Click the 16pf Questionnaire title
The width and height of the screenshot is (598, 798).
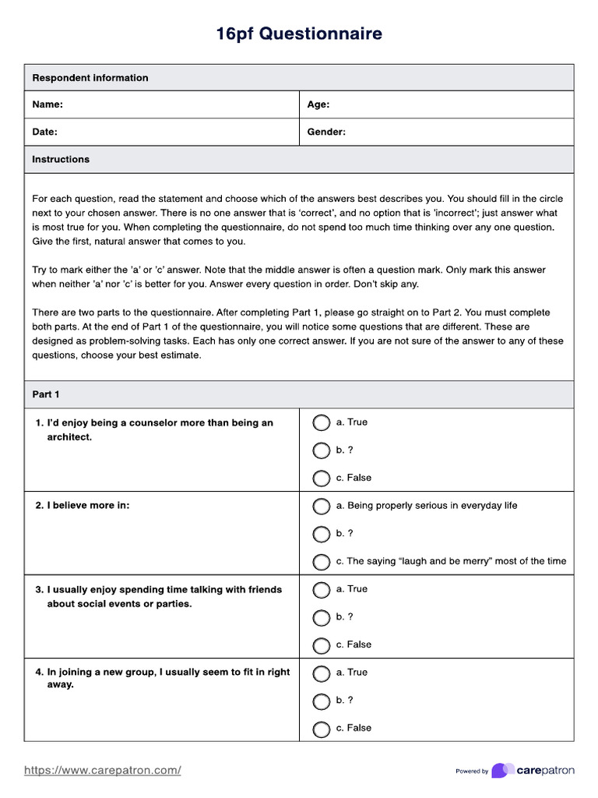299,34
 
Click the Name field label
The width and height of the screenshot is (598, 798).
47,104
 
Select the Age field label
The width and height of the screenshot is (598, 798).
318,104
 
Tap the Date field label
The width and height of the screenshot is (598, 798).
44,132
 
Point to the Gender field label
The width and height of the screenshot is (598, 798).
326,132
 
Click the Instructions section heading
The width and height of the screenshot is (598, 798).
61,159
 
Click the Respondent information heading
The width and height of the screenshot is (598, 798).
90,78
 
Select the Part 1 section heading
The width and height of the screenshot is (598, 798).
46,394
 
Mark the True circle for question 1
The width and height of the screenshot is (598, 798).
321,422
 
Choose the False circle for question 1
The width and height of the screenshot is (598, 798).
321,478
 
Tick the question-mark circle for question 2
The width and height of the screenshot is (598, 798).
321,534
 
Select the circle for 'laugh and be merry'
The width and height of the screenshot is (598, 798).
321,562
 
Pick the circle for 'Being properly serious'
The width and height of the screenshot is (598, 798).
321,507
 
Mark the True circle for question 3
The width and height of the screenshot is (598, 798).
321,590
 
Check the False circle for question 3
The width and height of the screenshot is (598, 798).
321,645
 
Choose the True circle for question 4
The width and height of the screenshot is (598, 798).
321,673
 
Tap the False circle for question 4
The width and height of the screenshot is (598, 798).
321,729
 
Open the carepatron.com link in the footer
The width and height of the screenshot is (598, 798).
103,770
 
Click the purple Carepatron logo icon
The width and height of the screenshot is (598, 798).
502,770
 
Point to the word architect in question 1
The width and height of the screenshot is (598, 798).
69,437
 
